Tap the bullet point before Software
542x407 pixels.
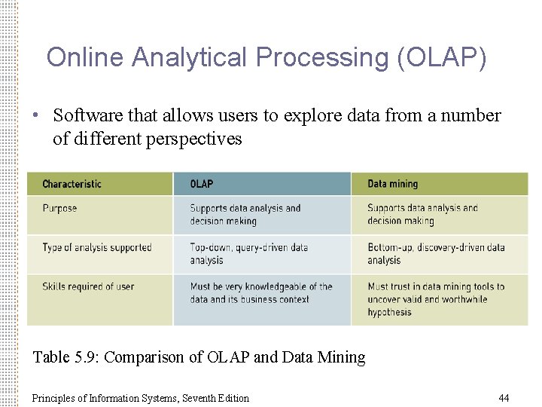pyautogui.click(x=35, y=116)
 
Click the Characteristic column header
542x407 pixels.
pyautogui.click(x=72, y=184)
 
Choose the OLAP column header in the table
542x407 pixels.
pyautogui.click(x=202, y=184)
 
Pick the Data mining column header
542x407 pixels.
pyautogui.click(x=392, y=184)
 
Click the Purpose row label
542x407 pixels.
pyautogui.click(x=59, y=208)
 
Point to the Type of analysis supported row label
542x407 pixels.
pyautogui.click(x=97, y=247)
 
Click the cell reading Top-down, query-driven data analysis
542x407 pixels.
pyautogui.click(x=248, y=254)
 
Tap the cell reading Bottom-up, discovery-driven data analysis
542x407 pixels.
pyautogui.click(x=436, y=254)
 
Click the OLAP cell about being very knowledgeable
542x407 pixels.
pyautogui.click(x=260, y=293)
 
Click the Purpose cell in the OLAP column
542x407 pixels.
pyautogui.click(x=245, y=215)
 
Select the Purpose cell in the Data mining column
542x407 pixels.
pyautogui.click(x=422, y=215)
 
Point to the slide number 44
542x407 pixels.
pyautogui.click(x=504, y=398)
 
